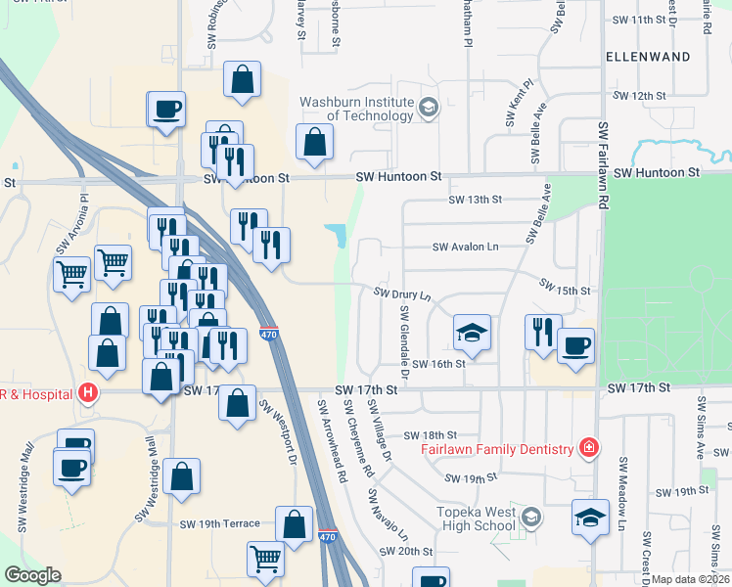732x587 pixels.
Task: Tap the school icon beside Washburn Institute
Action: [x=428, y=107]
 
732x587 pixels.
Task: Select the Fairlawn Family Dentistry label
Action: [x=496, y=449]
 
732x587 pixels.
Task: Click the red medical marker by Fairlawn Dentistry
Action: [x=588, y=448]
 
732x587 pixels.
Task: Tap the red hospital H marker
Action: [x=88, y=393]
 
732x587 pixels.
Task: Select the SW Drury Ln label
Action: [x=402, y=293]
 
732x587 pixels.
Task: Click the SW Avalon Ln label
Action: [x=466, y=248]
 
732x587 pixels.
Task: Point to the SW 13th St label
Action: [x=475, y=200]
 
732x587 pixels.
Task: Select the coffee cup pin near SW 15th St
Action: [x=575, y=345]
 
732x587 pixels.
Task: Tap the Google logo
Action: [x=33, y=575]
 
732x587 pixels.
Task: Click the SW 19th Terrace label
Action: [x=220, y=523]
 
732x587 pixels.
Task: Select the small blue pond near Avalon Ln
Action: [x=337, y=234]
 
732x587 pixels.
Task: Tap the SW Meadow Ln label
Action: [x=620, y=499]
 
